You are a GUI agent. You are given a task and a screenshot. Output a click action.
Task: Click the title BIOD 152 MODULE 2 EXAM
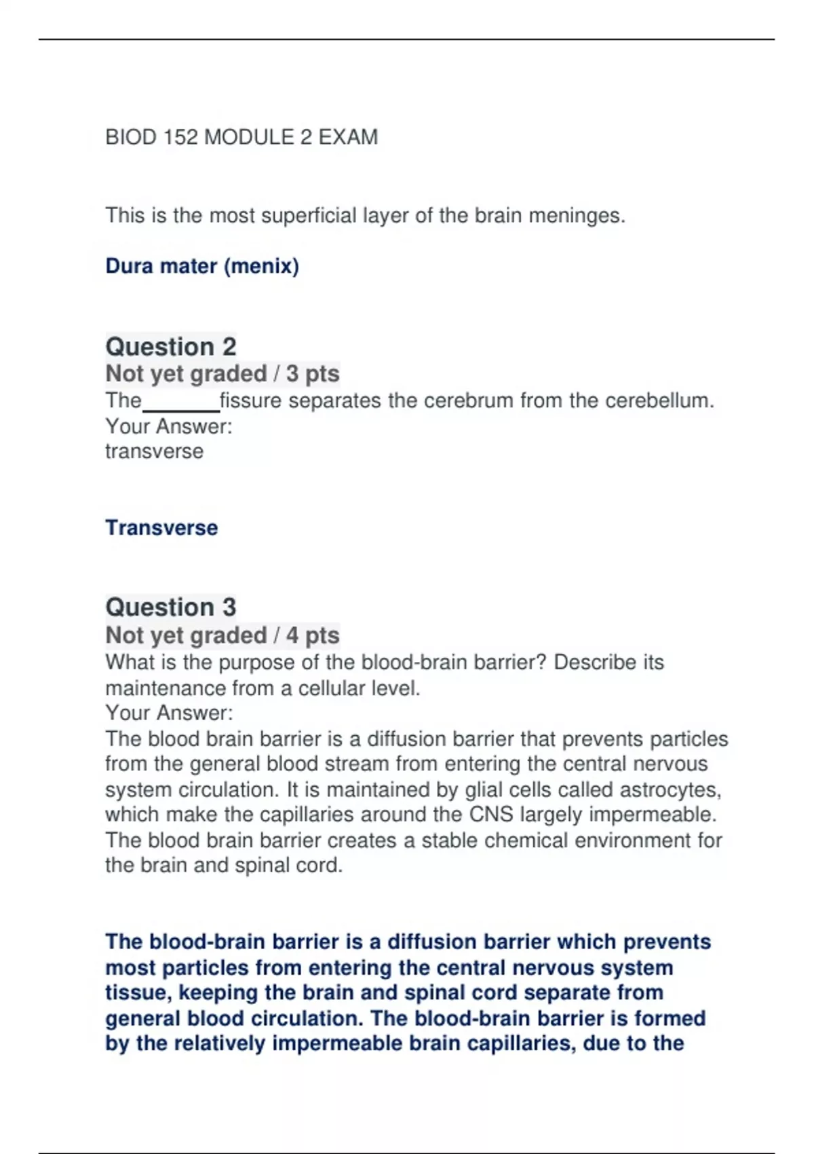(x=241, y=137)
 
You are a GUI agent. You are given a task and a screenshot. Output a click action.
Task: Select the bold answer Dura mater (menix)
(x=202, y=265)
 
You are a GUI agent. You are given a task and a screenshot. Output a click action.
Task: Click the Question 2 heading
(x=171, y=346)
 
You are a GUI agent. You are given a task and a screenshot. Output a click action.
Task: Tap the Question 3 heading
(x=171, y=607)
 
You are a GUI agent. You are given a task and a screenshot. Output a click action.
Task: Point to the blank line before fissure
(x=180, y=405)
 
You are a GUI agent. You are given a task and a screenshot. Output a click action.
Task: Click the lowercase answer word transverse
(x=154, y=451)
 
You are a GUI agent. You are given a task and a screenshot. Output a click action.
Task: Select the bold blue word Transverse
(x=161, y=527)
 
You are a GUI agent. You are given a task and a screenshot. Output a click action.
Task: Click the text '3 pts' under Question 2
(x=313, y=373)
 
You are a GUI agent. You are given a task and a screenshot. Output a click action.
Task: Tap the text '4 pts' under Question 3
(x=313, y=635)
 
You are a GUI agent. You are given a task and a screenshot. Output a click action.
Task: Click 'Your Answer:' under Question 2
(x=169, y=426)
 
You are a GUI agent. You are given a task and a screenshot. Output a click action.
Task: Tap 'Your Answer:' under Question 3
(x=169, y=713)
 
